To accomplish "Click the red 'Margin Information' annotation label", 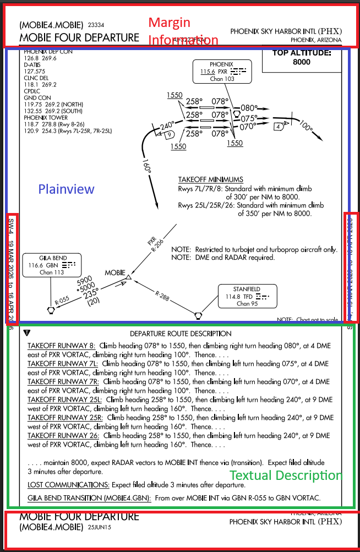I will point(183,31).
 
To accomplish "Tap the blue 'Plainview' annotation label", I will point(66,189).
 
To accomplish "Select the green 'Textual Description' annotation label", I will point(286,476).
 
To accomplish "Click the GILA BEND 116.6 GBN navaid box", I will point(52,265).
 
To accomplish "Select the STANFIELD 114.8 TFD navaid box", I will point(247,296).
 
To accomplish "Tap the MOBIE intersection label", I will point(115,273).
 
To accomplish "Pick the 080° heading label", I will point(249,108).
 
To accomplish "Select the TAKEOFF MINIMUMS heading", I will point(210,180).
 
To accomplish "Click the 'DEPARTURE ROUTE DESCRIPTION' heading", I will point(181,334).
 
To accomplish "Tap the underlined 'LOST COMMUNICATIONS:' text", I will point(68,485).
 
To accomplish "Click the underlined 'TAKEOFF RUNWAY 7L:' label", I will point(63,364).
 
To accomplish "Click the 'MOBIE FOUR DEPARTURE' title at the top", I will point(79,38).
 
